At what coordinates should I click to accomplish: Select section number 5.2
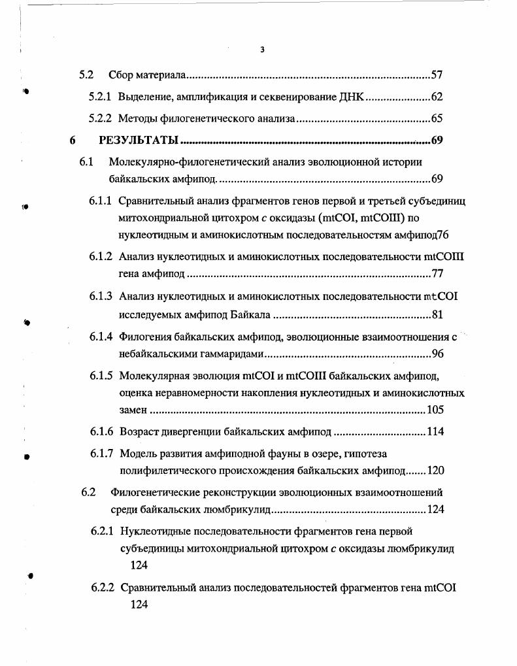coord(86,75)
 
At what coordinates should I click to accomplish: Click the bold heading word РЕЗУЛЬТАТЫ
coord(138,140)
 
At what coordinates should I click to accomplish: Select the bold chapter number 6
coord(73,140)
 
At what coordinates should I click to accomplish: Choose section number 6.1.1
coord(101,199)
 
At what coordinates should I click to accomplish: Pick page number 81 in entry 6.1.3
coord(437,315)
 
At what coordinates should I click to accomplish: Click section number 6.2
coord(88,492)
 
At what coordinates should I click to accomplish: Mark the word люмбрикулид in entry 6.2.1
coord(424,548)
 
